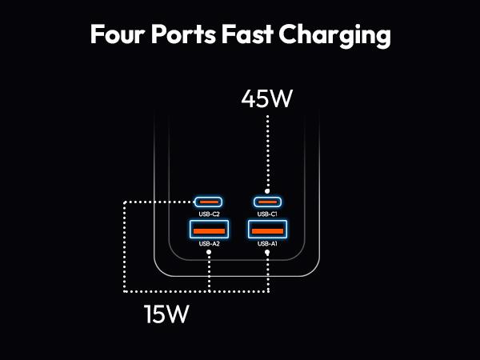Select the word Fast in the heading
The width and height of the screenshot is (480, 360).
[265, 35]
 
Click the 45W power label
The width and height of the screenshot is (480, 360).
[267, 99]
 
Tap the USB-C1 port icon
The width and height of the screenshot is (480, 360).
[267, 202]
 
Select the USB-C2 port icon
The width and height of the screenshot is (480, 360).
[209, 202]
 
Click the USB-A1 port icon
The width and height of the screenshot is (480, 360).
[267, 230]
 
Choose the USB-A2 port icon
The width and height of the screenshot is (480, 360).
[209, 230]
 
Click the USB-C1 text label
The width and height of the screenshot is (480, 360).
[267, 214]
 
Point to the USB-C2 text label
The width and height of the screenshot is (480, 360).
[209, 214]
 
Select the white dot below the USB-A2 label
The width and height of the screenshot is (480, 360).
[209, 253]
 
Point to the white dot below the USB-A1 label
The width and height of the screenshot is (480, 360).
[267, 253]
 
